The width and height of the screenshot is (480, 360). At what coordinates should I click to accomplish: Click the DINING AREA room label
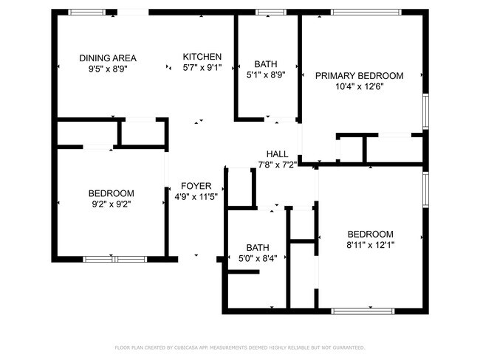click(108, 58)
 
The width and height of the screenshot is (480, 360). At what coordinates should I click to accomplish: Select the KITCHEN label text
click(202, 57)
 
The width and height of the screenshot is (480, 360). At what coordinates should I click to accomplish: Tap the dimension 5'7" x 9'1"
click(202, 68)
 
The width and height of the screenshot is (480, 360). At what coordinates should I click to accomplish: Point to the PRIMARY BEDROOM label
click(360, 75)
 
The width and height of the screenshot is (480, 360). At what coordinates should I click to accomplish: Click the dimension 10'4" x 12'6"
click(360, 86)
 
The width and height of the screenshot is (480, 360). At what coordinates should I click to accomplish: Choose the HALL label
click(277, 153)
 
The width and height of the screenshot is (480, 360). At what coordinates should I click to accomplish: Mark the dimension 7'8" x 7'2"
click(277, 165)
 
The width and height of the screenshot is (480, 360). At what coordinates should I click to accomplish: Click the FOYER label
click(196, 186)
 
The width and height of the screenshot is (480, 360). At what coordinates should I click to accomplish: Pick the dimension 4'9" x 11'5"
click(196, 197)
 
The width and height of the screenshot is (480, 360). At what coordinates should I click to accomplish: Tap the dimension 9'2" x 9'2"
click(112, 204)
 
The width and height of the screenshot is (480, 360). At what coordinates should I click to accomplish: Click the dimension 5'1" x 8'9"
click(266, 75)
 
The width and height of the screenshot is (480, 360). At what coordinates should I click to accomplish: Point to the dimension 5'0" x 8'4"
click(258, 259)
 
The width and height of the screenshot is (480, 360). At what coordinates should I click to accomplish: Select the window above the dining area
click(86, 12)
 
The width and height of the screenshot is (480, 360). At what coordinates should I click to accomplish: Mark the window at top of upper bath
click(266, 12)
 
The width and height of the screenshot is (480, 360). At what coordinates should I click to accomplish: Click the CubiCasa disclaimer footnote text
click(240, 347)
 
